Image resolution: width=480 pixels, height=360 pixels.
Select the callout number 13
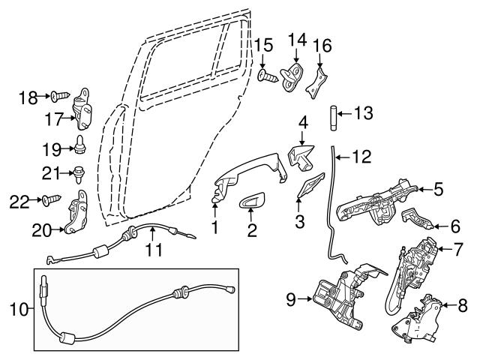(x=363, y=114)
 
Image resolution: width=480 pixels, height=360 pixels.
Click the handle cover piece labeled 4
(x=301, y=156)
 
